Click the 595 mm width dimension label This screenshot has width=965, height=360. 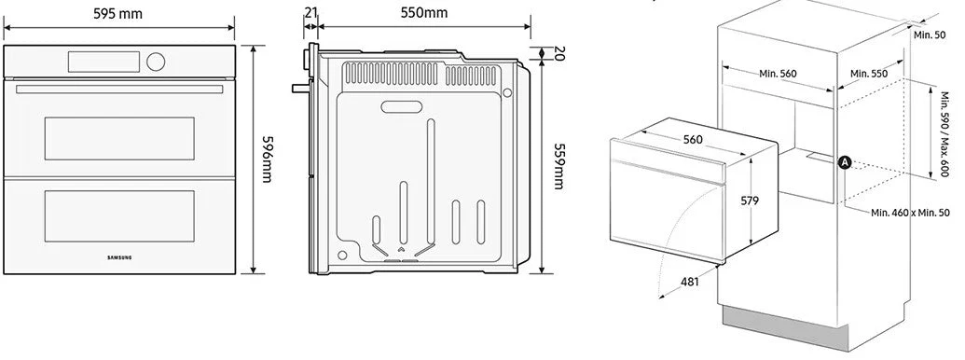tap(117, 14)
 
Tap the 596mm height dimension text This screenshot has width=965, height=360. tap(266, 159)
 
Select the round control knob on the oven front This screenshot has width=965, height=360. tap(157, 62)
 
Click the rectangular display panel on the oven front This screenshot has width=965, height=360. tap(104, 62)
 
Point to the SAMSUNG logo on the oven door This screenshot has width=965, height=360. tap(119, 257)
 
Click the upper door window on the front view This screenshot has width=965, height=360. tap(119, 138)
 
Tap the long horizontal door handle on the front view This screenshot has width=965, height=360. tap(119, 90)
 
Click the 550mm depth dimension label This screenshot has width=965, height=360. tap(424, 12)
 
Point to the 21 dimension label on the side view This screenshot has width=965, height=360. tap(310, 12)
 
